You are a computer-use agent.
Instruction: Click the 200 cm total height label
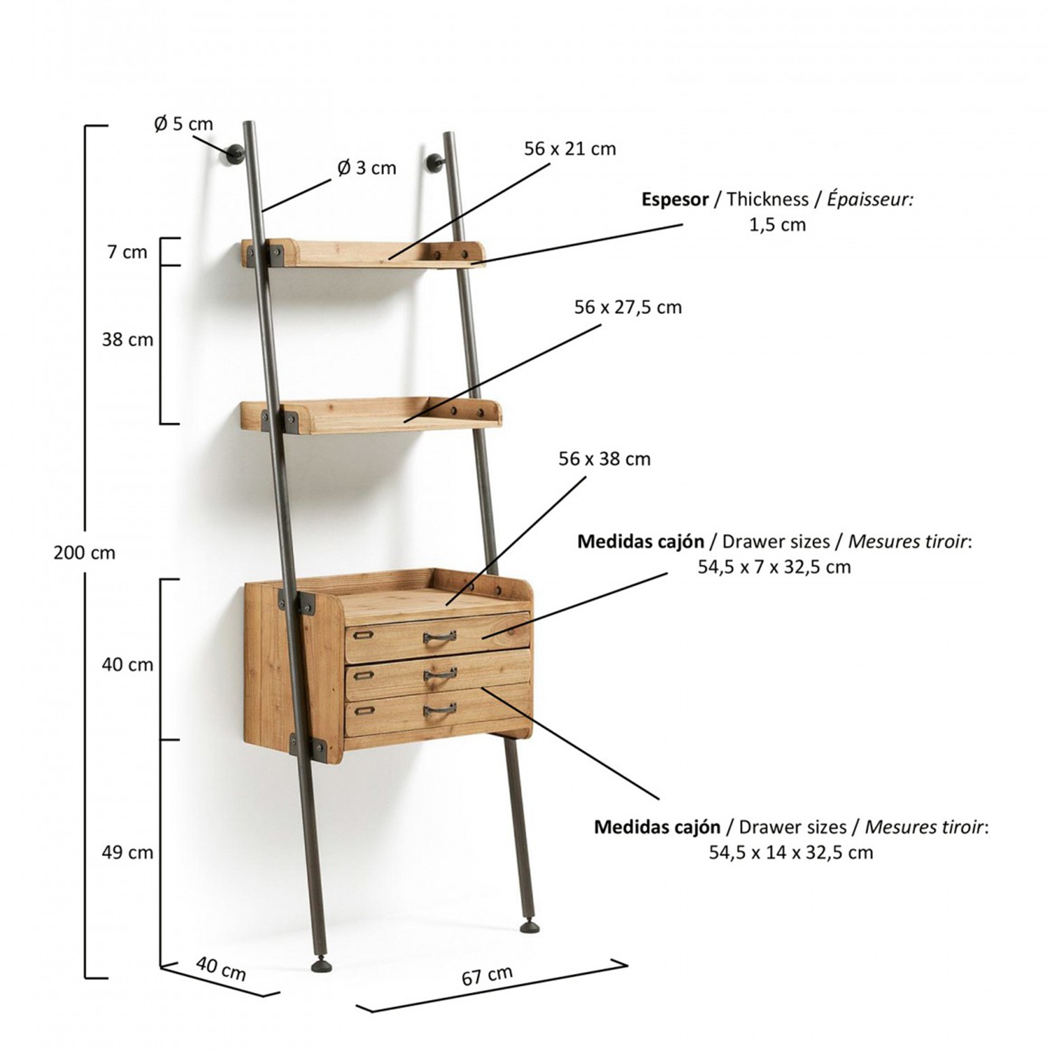point(84,553)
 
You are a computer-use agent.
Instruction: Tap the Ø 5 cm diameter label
point(184,124)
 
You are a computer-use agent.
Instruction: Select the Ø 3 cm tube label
point(366,168)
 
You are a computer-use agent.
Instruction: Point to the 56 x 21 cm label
point(570,149)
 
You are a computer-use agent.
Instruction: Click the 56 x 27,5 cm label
point(628,307)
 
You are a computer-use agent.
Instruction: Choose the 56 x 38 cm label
point(604,459)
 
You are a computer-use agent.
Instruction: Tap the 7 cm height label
point(127,252)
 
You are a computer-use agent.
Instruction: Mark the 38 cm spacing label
point(128,340)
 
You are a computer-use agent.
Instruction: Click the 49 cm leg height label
point(128,853)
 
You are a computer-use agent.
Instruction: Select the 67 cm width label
point(487,975)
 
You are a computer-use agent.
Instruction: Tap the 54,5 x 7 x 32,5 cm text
point(774,567)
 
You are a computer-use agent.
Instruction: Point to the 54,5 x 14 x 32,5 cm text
point(791,853)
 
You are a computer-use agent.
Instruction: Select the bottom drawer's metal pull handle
point(439,711)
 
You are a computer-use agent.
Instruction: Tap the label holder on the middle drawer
point(362,675)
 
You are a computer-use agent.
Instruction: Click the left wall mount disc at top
point(233,155)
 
